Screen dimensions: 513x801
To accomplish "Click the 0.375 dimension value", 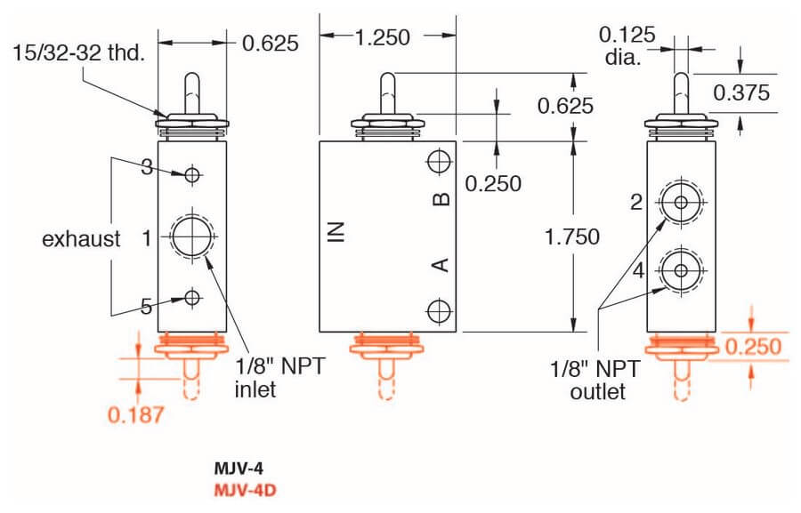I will pyautogui.click(x=741, y=92).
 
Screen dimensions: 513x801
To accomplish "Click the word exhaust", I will pyautogui.click(x=81, y=238).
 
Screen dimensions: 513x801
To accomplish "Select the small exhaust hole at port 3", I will pyautogui.click(x=192, y=174).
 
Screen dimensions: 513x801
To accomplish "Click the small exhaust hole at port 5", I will pyautogui.click(x=192, y=298).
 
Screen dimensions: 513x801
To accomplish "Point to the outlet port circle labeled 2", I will pyautogui.click(x=681, y=202).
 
